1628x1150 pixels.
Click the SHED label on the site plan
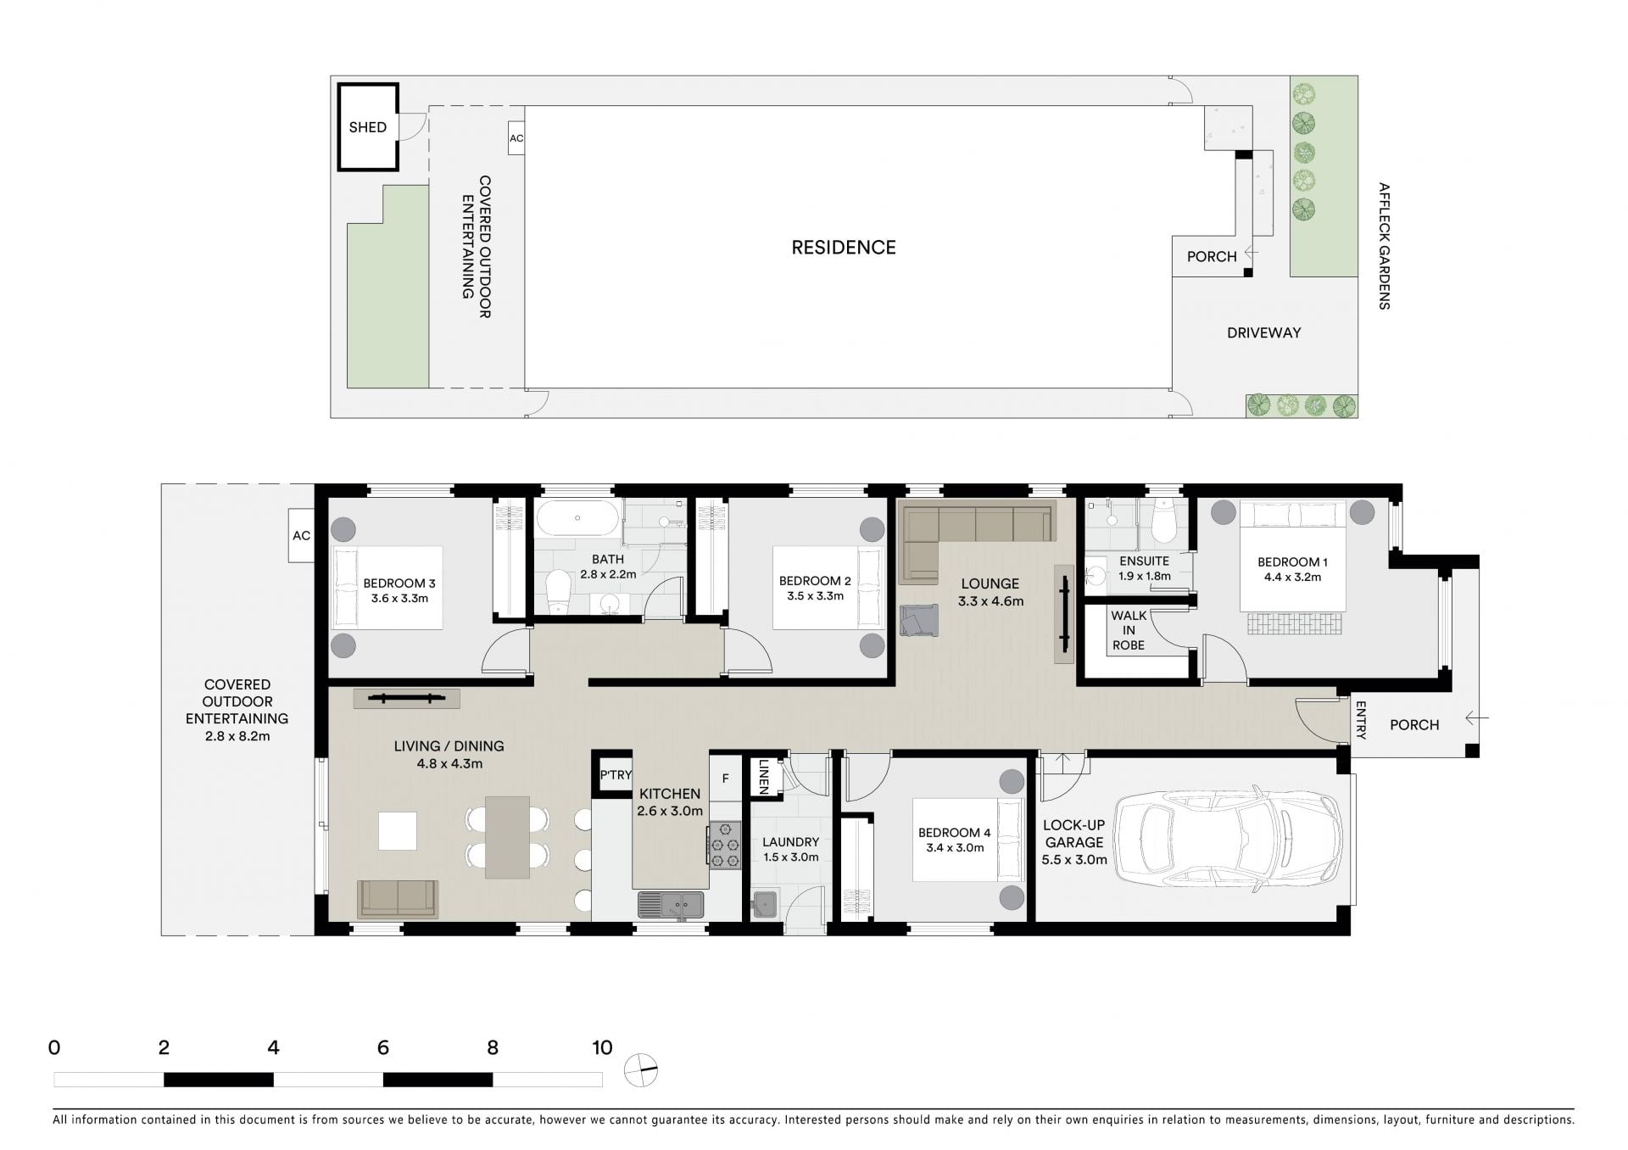pos(367,127)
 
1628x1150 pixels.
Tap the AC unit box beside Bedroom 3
pos(301,535)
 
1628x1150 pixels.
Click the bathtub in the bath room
pos(577,517)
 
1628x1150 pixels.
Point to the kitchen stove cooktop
pos(724,845)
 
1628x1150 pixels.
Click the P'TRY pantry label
pos(616,775)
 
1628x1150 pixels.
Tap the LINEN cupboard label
pos(763,775)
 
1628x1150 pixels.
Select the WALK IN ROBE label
pos(1129,630)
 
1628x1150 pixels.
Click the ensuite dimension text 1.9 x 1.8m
pos(1144,577)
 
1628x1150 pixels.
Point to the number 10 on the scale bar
pos(602,1047)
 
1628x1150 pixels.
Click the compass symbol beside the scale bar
pos(641,1070)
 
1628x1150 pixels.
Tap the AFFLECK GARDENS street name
pos(1384,246)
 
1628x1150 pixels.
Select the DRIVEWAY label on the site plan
pos(1263,333)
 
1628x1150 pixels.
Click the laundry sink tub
pos(764,904)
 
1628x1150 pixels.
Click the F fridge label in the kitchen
pos(725,779)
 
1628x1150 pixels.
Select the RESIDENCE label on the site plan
pos(844,248)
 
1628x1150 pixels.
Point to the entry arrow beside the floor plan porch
pos(1476,718)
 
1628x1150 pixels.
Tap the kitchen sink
pos(671,905)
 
